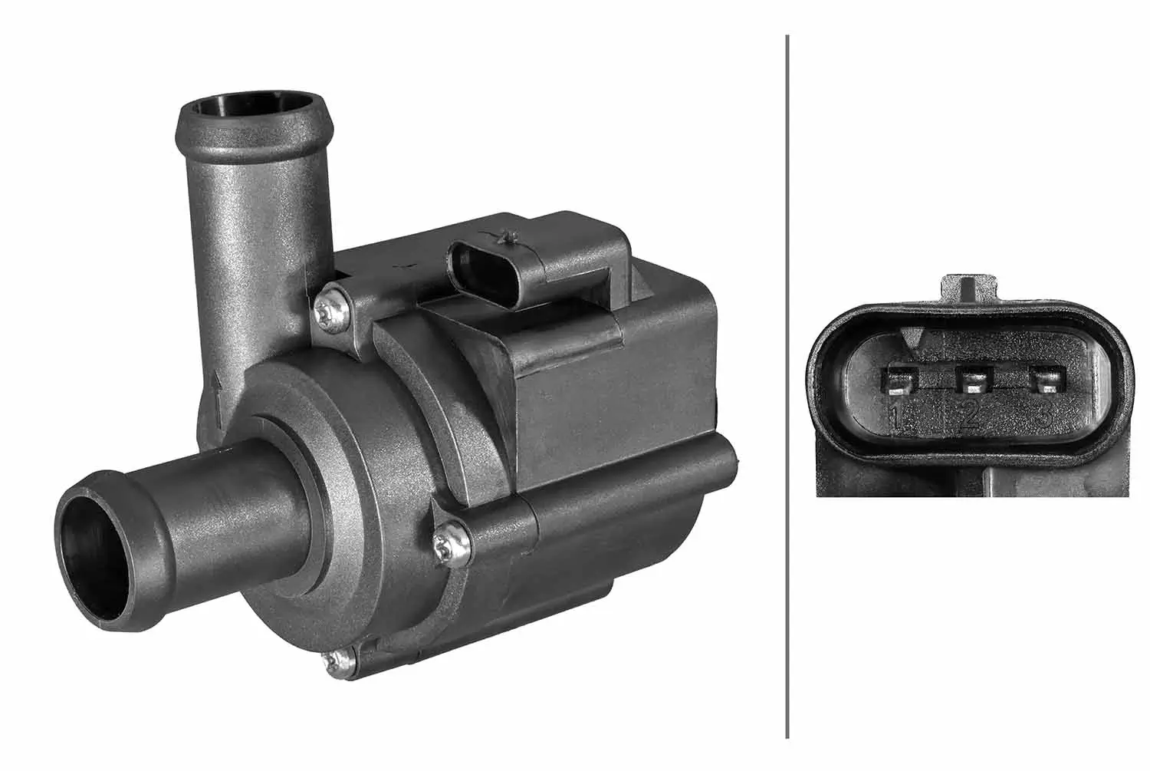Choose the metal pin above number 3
click(x=1047, y=380)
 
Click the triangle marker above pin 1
click(x=912, y=338)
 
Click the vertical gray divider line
click(x=787, y=384)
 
